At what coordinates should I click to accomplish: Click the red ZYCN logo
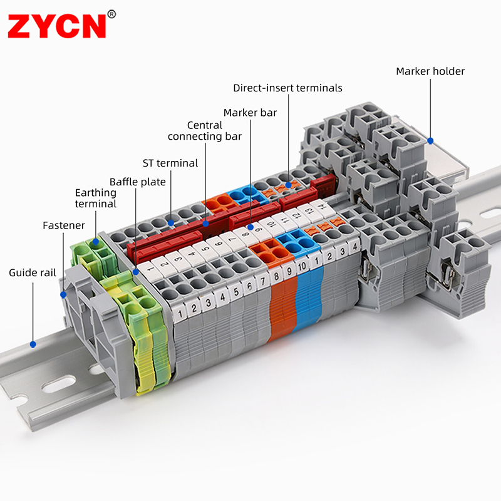[x=56, y=26]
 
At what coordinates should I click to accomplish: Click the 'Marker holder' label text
[x=430, y=71]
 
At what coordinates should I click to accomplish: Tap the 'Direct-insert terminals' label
[x=287, y=88]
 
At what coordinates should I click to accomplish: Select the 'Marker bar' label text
[x=250, y=113]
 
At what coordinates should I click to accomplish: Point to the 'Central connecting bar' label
[x=205, y=131]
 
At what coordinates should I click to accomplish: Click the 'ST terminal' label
[x=170, y=163]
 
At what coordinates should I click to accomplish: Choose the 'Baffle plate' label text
[x=137, y=182]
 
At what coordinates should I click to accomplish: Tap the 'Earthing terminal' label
[x=96, y=198]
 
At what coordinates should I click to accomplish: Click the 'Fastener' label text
[x=64, y=225]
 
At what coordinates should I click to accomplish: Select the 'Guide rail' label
[x=33, y=272]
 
